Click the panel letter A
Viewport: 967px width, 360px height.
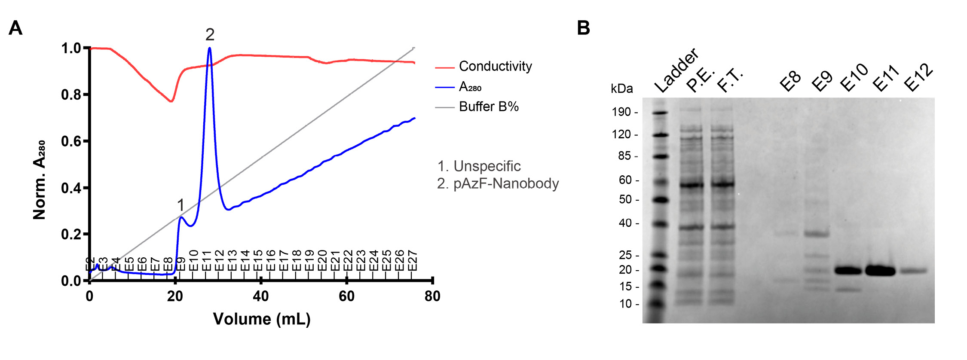pos(15,28)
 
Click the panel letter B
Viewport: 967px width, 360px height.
pos(583,28)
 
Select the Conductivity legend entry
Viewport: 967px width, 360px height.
pos(495,67)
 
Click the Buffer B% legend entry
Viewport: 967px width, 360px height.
pos(489,107)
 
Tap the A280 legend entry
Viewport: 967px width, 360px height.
pos(470,87)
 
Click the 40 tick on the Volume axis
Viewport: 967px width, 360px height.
pos(260,296)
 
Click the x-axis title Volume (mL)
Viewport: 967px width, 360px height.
pos(261,319)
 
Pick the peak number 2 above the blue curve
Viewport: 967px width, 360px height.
pos(210,34)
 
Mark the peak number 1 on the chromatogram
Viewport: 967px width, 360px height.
pos(181,205)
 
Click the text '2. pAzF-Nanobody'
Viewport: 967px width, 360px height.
pos(498,183)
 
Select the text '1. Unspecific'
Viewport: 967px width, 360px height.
pos(479,166)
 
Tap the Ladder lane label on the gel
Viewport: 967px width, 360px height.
pos(676,71)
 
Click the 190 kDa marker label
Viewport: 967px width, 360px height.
pos(621,112)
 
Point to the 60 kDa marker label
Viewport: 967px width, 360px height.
pos(625,180)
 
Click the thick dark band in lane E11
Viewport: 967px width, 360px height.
pos(880,271)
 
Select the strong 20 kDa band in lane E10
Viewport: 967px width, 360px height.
pos(848,271)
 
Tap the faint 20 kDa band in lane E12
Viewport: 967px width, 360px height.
pos(914,271)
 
